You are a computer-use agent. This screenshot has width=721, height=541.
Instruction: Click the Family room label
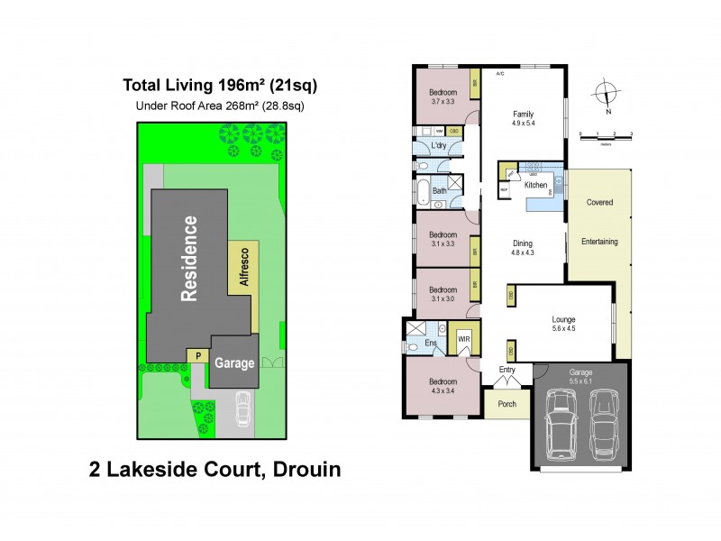[523, 114]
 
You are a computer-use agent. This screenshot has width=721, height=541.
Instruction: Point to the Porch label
[507, 404]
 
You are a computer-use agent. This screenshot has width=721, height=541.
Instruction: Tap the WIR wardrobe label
[464, 339]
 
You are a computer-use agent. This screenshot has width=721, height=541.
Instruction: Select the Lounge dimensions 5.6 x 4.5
[563, 330]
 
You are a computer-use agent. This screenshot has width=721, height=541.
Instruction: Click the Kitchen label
[535, 185]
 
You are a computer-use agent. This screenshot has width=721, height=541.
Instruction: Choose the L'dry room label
[440, 146]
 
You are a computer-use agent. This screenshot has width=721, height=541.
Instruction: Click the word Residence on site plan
[189, 257]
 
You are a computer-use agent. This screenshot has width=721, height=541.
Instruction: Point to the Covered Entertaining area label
[599, 222]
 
